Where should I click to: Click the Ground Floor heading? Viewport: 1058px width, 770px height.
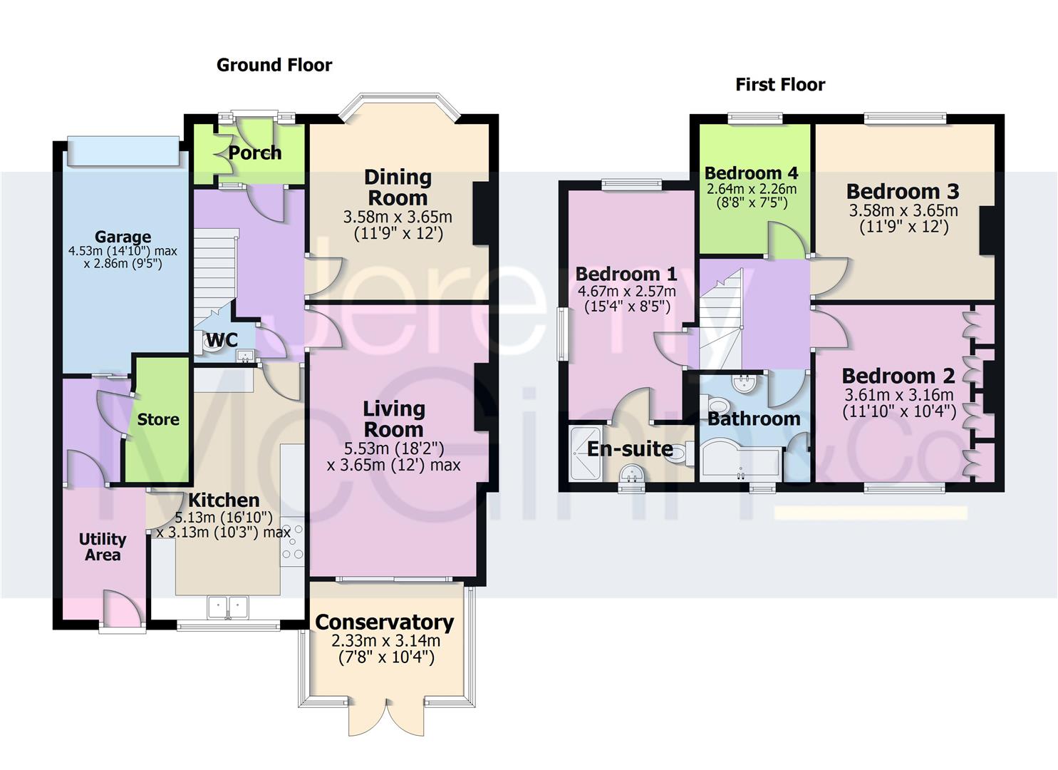[274, 65]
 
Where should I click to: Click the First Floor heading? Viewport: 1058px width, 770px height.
[780, 85]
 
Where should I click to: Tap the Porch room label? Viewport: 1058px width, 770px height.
[255, 153]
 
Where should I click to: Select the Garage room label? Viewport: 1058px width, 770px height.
[123, 236]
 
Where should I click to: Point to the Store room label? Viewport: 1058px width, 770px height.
[158, 419]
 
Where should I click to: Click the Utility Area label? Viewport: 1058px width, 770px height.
[103, 547]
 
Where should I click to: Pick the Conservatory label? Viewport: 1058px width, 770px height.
[385, 622]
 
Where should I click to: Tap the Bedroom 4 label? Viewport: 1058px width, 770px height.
[751, 173]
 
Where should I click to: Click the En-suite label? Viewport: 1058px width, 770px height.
[630, 448]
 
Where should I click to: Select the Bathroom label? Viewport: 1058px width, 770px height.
[754, 419]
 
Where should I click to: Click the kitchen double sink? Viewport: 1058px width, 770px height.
[228, 608]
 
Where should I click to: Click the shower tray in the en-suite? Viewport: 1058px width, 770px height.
[586, 453]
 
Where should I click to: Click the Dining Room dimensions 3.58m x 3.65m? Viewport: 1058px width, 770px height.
[398, 217]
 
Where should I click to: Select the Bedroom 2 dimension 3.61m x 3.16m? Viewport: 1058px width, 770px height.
[899, 395]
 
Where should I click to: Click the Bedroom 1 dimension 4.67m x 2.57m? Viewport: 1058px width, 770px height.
[626, 291]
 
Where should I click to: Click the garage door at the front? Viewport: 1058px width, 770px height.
[123, 151]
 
